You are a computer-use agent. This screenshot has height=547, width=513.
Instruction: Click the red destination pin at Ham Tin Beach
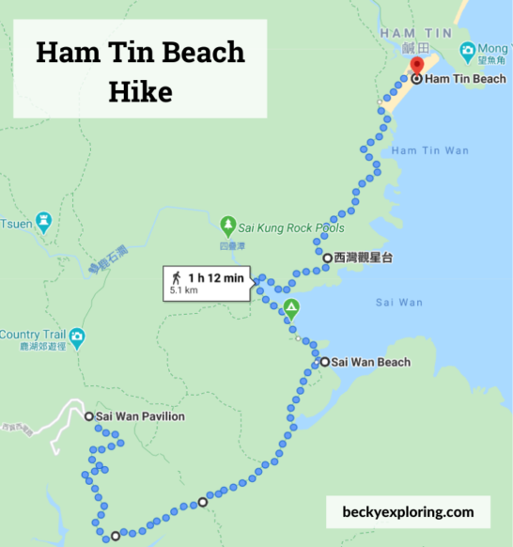[417, 67]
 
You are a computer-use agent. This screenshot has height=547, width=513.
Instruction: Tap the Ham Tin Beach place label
[465, 79]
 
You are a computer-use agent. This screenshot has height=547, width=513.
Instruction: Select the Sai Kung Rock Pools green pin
[227, 226]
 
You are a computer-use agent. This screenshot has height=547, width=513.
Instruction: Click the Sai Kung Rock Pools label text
[292, 227]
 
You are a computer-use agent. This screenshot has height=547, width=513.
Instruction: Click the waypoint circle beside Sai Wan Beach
[324, 362]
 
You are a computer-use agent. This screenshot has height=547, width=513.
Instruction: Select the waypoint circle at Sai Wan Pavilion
[88, 416]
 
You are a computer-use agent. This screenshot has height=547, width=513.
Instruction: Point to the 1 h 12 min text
[215, 277]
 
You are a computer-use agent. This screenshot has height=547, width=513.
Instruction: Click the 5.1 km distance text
[183, 291]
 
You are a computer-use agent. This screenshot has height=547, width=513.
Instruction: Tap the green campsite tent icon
[291, 307]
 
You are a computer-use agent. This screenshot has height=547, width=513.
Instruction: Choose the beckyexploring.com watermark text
[409, 512]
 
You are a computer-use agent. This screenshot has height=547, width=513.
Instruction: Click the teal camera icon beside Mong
[467, 49]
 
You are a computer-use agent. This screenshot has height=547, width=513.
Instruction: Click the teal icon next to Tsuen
[43, 223]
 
